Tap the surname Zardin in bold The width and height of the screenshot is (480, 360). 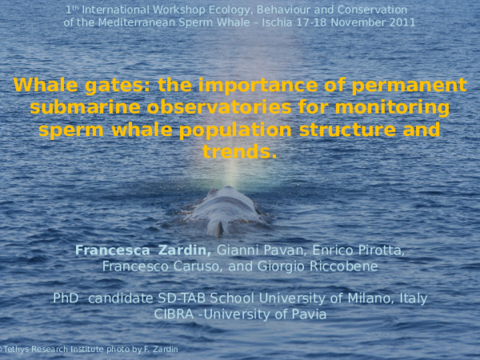185,250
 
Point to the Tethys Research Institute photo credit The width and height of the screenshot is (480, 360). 89,350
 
